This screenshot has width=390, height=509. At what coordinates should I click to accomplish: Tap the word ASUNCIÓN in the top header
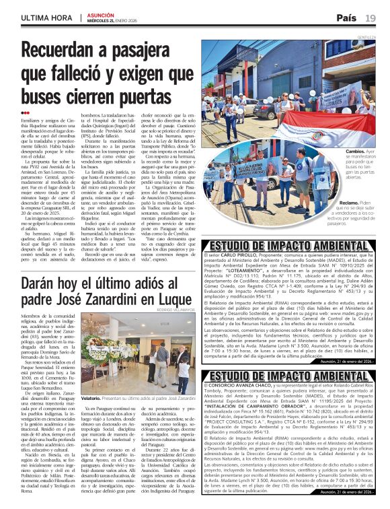100,13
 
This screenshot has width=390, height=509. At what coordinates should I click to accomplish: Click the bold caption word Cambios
348,151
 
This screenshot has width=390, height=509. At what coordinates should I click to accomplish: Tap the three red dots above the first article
26,112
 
